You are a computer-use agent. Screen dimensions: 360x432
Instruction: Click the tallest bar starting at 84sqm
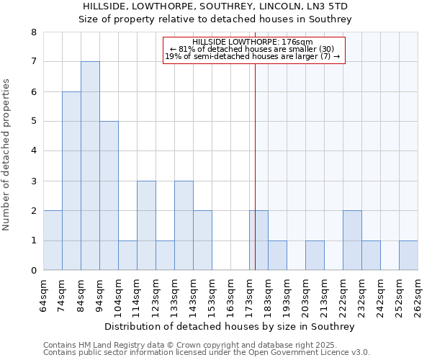point(90,166)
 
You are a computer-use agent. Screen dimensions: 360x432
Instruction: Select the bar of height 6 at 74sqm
point(71,181)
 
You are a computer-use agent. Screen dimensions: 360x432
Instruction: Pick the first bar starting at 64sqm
point(53,240)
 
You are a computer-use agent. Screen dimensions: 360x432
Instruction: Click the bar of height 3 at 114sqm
point(146,225)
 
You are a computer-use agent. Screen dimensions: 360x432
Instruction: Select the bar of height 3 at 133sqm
point(184,225)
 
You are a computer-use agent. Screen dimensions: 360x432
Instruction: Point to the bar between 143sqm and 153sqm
point(202,240)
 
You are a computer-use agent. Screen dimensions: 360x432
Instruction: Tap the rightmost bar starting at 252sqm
point(408,256)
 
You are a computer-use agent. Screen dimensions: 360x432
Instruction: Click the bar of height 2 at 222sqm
point(352,240)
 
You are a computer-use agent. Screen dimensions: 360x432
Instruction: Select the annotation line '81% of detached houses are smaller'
point(253,49)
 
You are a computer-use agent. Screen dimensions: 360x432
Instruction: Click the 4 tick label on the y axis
point(33,151)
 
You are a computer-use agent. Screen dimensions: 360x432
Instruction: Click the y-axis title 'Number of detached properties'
point(7,155)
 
